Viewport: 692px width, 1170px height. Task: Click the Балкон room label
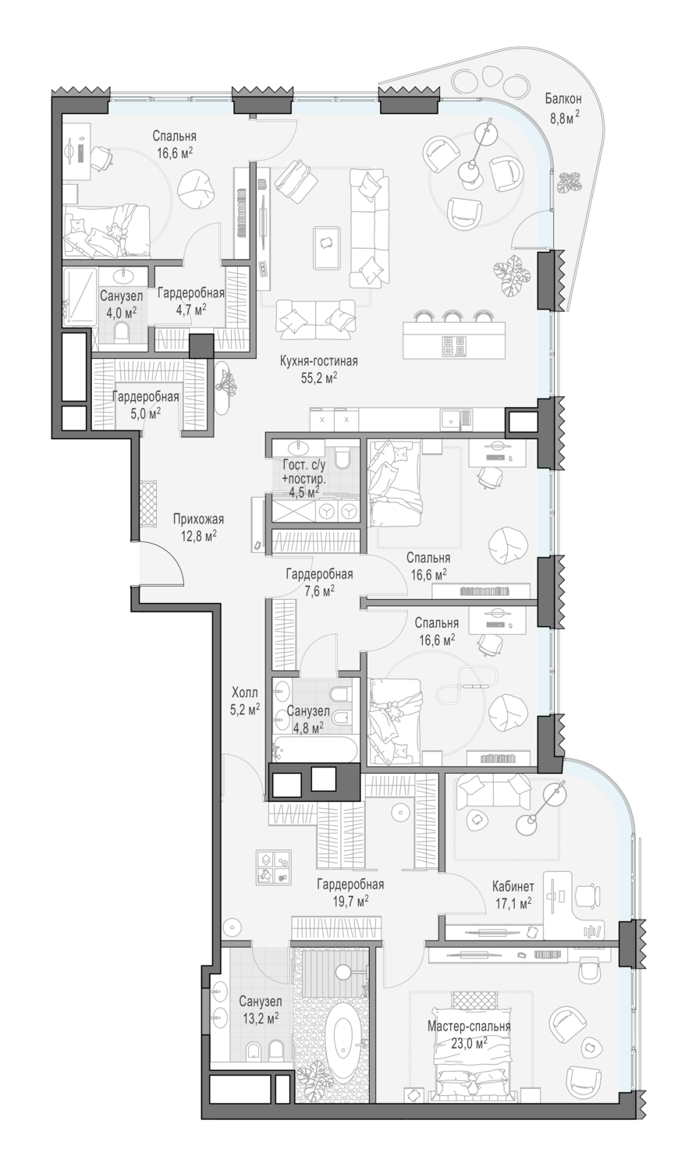[x=563, y=98]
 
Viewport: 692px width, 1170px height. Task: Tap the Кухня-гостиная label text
[x=318, y=361]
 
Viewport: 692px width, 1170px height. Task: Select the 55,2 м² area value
[x=318, y=378]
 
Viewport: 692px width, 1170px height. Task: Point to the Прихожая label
[x=198, y=519]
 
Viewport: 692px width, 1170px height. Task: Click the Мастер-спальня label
[x=469, y=1026]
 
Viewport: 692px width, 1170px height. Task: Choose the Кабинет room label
[x=513, y=886]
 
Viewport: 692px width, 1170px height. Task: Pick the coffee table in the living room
[x=328, y=241]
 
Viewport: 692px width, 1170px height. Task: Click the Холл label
[x=245, y=693]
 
